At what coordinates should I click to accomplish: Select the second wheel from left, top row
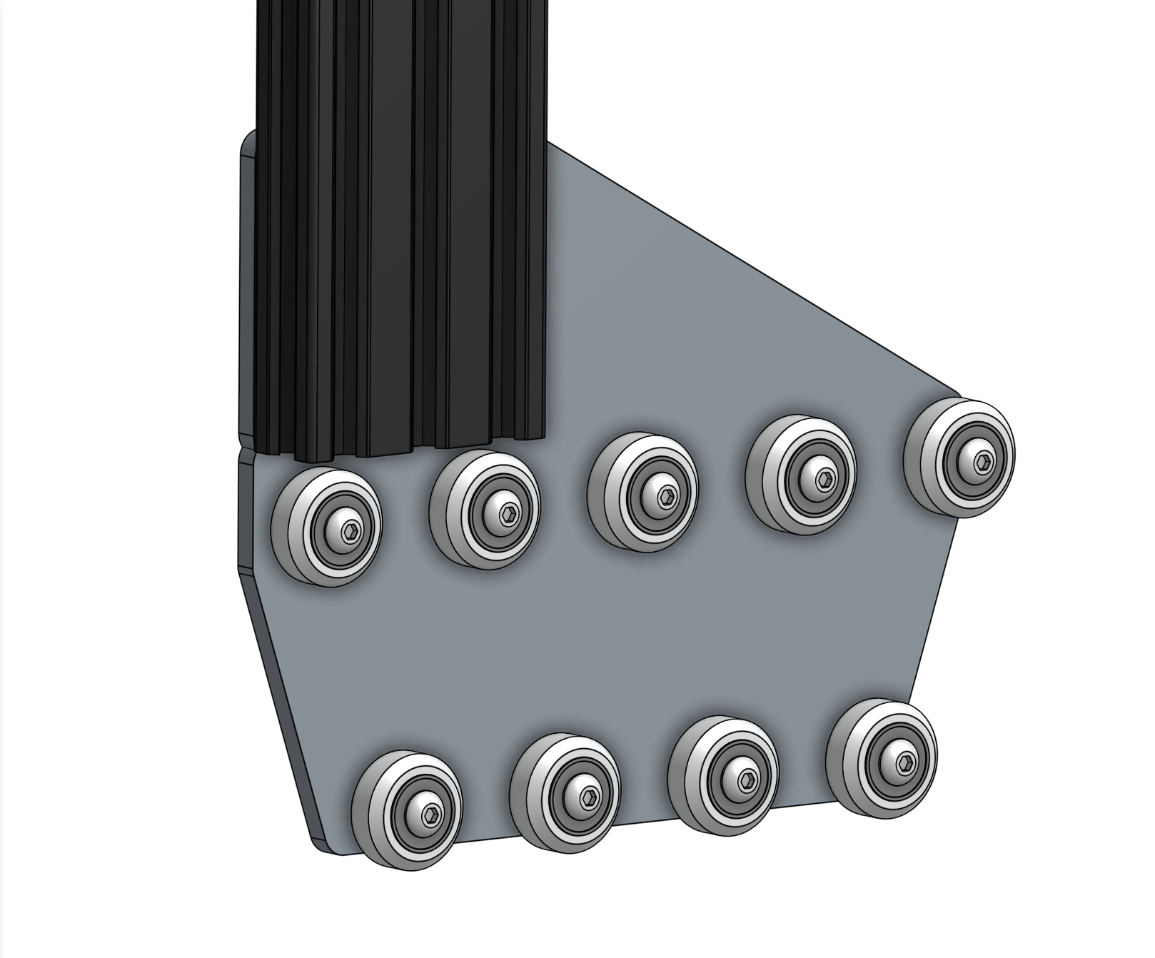pos(486,509)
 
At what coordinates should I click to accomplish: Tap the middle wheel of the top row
pos(644,492)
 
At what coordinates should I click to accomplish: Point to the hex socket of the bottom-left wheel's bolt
pos(432,814)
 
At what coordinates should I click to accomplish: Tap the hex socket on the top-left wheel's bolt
pos(352,531)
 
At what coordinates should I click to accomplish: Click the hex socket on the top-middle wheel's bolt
pos(667,496)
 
